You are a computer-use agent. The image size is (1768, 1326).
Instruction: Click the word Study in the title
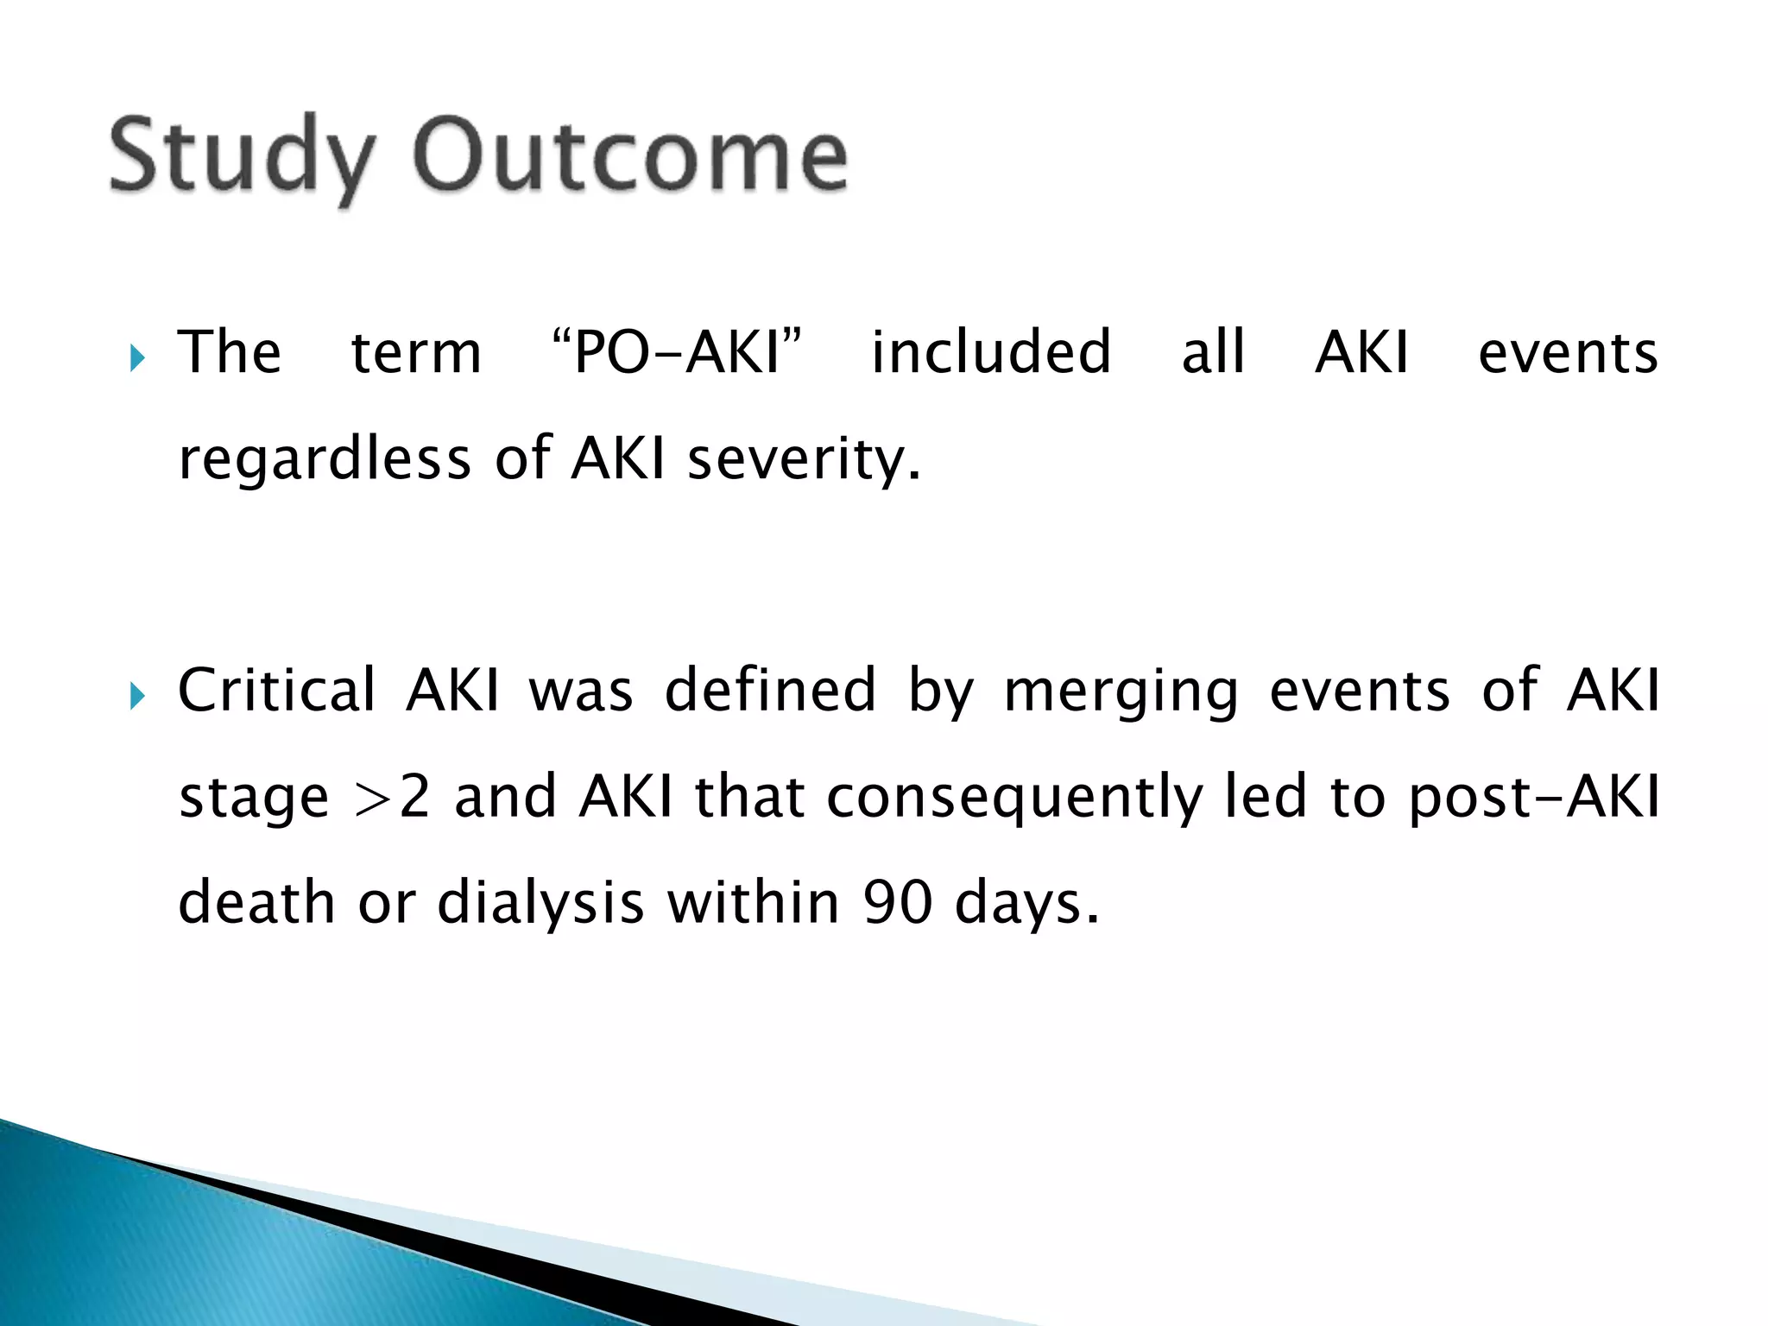[243, 157]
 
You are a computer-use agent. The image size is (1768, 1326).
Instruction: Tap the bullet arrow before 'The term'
[137, 357]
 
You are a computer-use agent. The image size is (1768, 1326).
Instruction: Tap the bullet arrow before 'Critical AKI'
[137, 694]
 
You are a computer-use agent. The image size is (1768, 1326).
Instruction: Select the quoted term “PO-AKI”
[676, 352]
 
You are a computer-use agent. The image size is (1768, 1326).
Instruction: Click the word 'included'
[991, 352]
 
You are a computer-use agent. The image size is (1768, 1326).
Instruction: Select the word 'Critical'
[277, 691]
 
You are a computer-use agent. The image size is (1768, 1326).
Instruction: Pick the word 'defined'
[770, 691]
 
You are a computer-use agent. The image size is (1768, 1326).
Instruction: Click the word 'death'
[256, 902]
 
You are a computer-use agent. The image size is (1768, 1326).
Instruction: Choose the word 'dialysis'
[540, 902]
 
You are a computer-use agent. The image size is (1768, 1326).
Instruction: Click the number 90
[898, 902]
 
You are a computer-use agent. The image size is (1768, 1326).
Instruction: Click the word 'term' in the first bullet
[416, 352]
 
